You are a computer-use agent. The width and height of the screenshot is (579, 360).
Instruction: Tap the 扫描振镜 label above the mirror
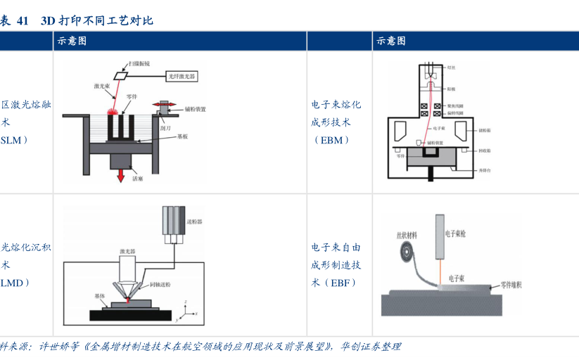(x=139, y=63)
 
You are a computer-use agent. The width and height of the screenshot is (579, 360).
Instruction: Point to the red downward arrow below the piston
(x=122, y=172)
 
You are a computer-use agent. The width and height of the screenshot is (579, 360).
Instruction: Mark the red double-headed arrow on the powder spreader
(x=166, y=105)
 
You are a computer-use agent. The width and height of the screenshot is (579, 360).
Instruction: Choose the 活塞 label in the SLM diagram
(x=138, y=179)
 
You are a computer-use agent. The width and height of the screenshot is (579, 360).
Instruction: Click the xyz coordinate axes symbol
(x=186, y=309)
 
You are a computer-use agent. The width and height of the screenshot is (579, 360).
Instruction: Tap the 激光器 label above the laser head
(x=127, y=251)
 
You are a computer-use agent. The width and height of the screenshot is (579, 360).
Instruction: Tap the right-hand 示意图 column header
(x=391, y=41)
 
